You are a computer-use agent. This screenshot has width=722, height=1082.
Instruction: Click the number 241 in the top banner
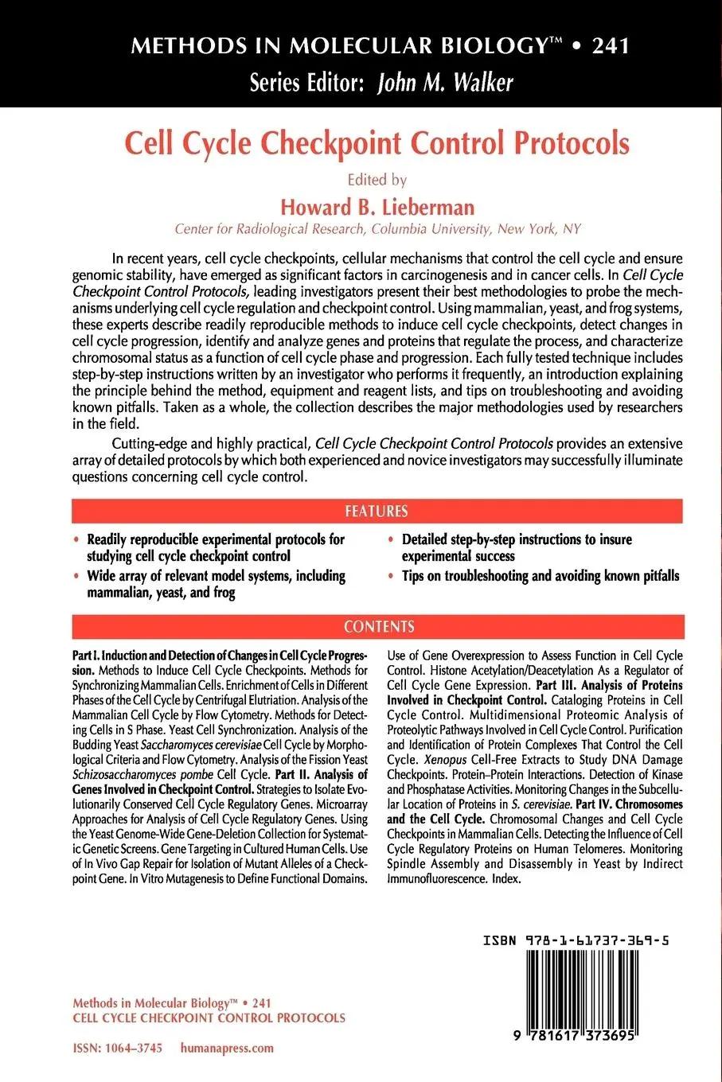(x=611, y=45)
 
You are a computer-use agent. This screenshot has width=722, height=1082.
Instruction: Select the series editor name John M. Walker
(x=445, y=82)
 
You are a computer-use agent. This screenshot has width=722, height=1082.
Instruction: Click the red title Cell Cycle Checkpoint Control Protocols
(x=376, y=143)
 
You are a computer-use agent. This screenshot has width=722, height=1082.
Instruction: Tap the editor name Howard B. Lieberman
(x=377, y=208)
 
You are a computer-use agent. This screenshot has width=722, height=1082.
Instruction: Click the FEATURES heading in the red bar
(x=376, y=511)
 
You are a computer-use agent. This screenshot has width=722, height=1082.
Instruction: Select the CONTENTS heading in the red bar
(x=379, y=626)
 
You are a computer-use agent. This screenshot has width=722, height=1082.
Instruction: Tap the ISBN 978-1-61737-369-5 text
(x=575, y=940)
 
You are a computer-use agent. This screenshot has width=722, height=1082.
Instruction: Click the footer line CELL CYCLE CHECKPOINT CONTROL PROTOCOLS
(x=209, y=1018)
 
